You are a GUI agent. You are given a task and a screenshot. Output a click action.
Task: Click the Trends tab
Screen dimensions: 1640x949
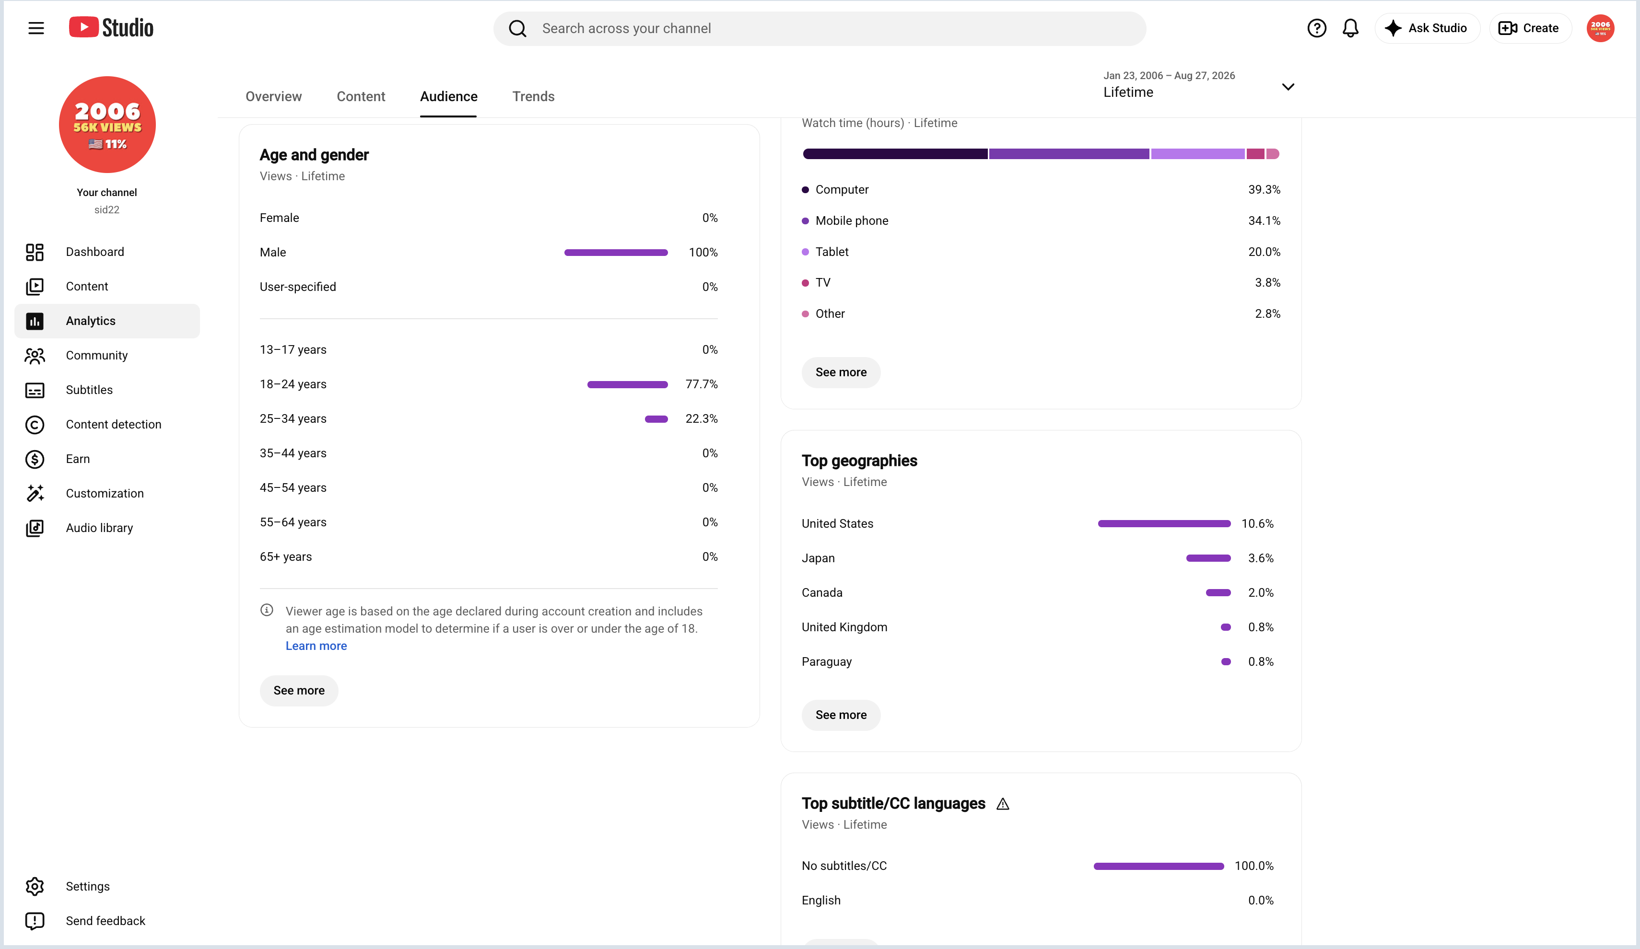pos(533,96)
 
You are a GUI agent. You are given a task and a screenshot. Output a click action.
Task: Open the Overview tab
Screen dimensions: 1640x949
pos(273,96)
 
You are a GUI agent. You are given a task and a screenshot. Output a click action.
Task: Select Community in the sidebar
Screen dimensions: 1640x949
pos(96,355)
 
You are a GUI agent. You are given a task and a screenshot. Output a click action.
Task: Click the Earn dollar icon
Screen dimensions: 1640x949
pos(35,459)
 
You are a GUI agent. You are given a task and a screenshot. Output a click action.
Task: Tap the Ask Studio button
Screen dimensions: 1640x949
pos(1427,28)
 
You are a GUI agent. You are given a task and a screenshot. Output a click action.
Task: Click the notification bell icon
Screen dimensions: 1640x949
pos(1350,28)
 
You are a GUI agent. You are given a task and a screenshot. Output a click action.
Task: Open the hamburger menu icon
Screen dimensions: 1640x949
pos(36,28)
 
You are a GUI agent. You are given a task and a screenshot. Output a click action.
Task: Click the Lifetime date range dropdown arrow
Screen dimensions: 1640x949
pos(1288,86)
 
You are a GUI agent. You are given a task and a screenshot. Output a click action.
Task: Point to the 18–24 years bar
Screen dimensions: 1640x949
pos(627,384)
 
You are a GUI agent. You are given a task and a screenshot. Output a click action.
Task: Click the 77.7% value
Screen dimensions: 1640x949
pos(702,384)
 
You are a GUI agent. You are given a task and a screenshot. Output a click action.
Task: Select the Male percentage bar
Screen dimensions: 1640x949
pos(616,253)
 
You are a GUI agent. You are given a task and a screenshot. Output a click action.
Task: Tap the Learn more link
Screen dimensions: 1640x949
pos(316,646)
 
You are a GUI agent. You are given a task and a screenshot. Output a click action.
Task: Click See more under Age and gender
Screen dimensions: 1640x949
pos(299,690)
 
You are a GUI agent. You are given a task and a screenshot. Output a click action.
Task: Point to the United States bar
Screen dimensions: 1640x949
pos(1164,523)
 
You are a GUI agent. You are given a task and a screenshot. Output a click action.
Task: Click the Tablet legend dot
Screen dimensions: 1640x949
pos(805,252)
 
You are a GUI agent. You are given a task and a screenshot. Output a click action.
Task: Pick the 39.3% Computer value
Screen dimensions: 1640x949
pos(1264,190)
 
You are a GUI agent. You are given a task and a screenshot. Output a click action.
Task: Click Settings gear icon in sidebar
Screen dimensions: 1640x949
pos(35,887)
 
